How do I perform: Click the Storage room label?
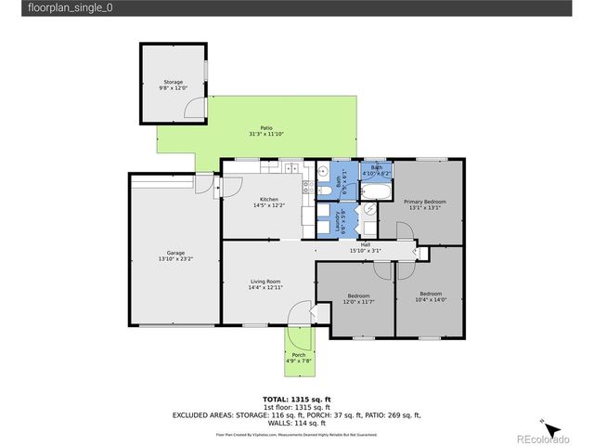tap(174, 82)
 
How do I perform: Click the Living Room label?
tap(265, 282)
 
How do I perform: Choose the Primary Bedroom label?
tap(427, 202)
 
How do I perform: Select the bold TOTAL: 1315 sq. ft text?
tap(296, 400)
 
